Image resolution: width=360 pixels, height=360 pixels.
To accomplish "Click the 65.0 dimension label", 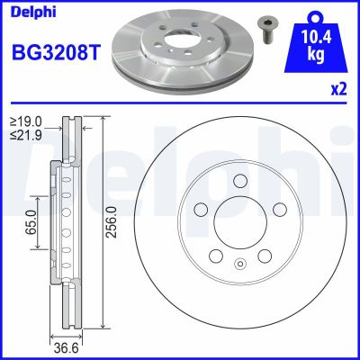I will pos(31,220).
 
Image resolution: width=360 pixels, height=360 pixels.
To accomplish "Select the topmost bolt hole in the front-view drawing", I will pos(239,181).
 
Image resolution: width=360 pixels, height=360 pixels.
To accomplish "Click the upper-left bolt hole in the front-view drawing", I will pos(200,209).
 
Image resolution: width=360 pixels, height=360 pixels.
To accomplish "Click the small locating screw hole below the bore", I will pos(239,264).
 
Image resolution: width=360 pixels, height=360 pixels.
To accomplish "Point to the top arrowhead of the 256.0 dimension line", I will pos(105,121).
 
